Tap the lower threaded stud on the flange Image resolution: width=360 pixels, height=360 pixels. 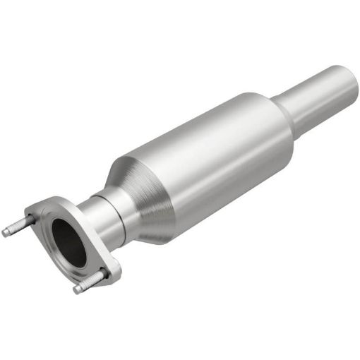pyautogui.click(x=88, y=281)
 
